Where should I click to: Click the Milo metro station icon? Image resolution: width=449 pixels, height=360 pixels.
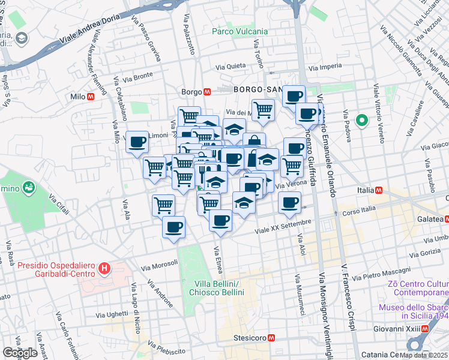coord(91,97)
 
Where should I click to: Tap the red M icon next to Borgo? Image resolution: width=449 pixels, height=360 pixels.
coord(206,92)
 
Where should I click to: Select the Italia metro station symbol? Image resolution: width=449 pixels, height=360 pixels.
coord(379,190)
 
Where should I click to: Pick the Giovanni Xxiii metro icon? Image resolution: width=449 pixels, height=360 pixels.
coord(425,329)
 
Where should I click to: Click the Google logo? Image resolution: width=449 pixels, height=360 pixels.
coord(20,353)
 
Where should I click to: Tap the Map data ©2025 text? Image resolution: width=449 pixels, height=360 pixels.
coord(423,355)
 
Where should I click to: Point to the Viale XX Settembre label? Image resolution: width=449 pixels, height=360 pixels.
coord(283,226)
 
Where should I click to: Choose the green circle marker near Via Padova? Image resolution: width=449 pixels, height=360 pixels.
coord(362,121)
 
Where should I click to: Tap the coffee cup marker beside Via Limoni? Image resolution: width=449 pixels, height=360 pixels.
coord(137,143)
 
